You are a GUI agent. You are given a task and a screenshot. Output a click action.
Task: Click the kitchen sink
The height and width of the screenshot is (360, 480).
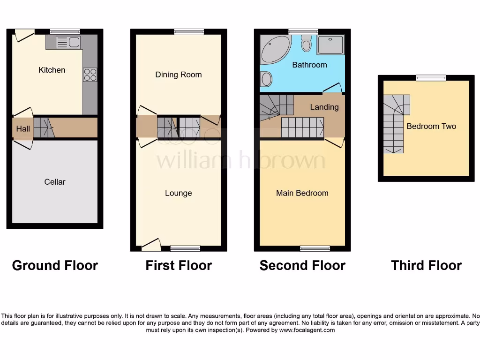coord(68,43)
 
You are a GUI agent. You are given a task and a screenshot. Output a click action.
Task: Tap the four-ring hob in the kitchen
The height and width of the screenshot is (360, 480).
coord(90,75)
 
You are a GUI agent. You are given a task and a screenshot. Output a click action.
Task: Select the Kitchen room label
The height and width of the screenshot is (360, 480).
coord(52,70)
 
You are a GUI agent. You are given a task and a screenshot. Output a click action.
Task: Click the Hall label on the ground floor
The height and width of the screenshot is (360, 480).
coord(23,128)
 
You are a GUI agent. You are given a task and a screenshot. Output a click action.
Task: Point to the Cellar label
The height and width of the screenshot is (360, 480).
coord(55,182)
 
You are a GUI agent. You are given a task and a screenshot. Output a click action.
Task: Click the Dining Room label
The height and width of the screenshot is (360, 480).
coord(179,75)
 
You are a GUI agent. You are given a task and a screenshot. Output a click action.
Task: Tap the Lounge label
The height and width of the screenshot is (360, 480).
coord(179,193)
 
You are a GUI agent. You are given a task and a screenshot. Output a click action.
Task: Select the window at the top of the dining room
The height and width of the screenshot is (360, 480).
coord(189,32)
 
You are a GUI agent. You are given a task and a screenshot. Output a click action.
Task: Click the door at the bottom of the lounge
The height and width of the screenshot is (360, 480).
coord(151,244)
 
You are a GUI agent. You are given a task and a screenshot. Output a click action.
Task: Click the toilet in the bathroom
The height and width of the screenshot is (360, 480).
coord(307,44)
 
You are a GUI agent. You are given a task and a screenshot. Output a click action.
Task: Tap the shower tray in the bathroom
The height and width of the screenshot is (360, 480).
coord(330,45)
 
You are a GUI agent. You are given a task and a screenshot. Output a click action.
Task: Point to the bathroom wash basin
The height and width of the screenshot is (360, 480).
coord(266,79)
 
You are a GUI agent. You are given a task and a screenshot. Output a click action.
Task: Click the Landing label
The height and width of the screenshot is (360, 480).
coord(324,107)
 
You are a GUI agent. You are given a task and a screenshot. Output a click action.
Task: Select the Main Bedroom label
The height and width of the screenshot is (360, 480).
coord(302,193)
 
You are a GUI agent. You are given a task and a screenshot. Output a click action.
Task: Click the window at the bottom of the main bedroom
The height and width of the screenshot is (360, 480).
coord(315,248)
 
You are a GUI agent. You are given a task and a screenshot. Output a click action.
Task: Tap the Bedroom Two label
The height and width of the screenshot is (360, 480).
coord(431,126)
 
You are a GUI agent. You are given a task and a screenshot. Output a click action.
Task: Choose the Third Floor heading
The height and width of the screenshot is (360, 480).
coord(426,265)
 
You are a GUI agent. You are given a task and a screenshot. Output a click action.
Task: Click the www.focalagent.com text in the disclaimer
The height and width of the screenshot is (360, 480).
coord(307,330)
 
